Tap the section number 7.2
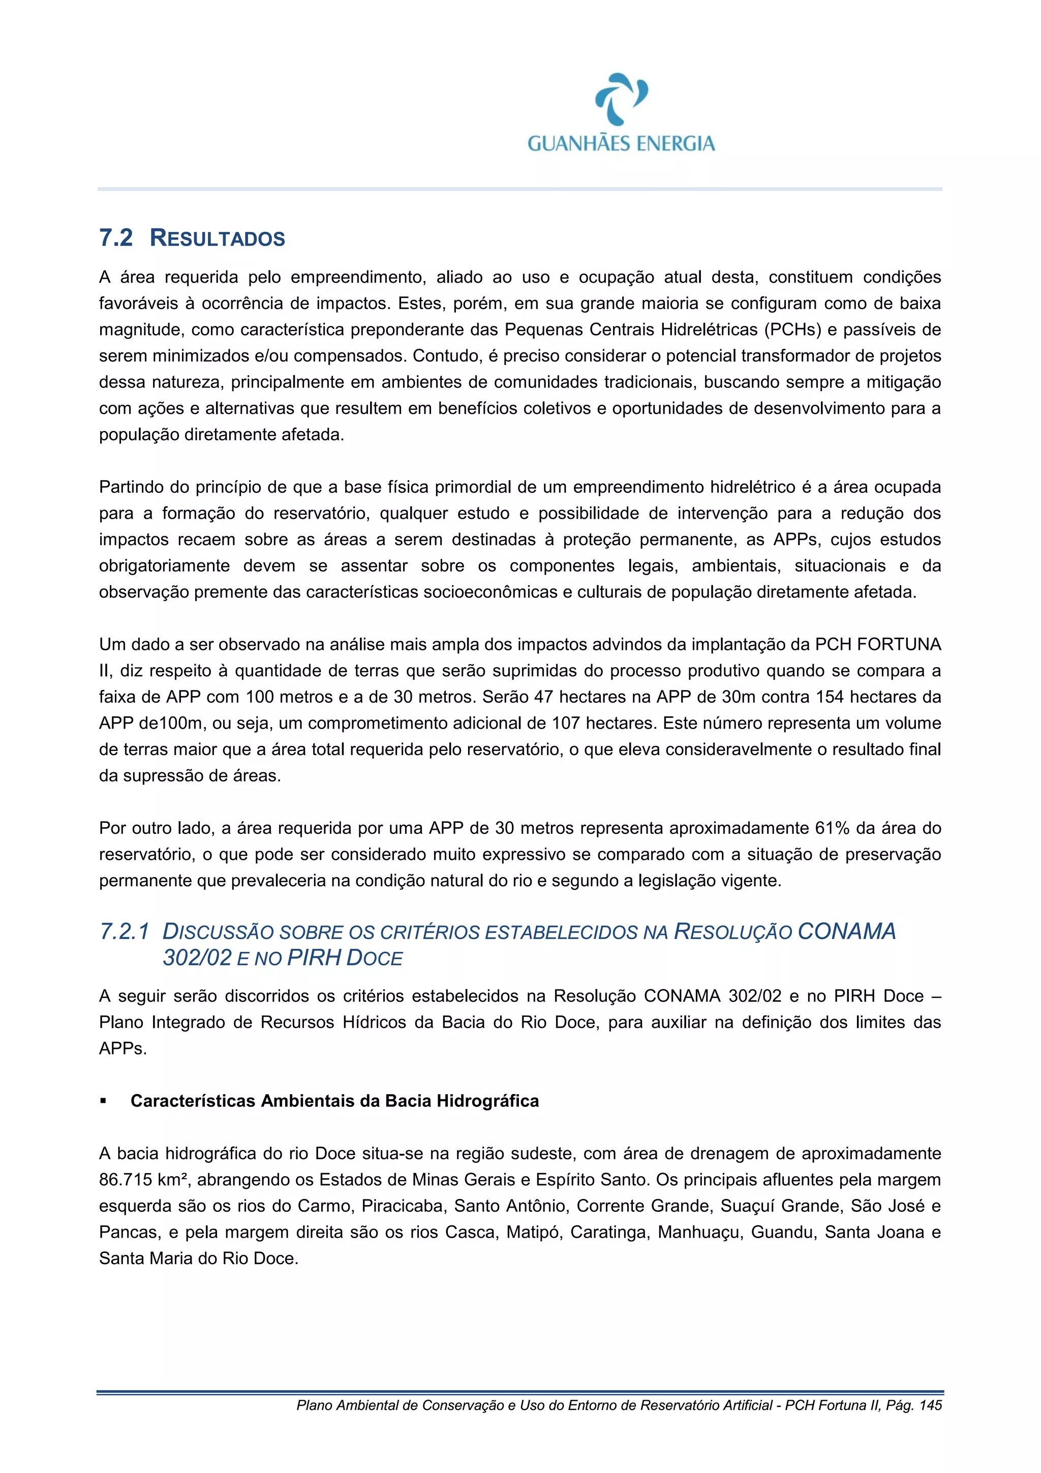116,238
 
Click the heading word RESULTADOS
218,238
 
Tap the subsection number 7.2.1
125,931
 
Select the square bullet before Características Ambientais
103,1101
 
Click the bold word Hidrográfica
487,1101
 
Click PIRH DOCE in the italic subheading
345,958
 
